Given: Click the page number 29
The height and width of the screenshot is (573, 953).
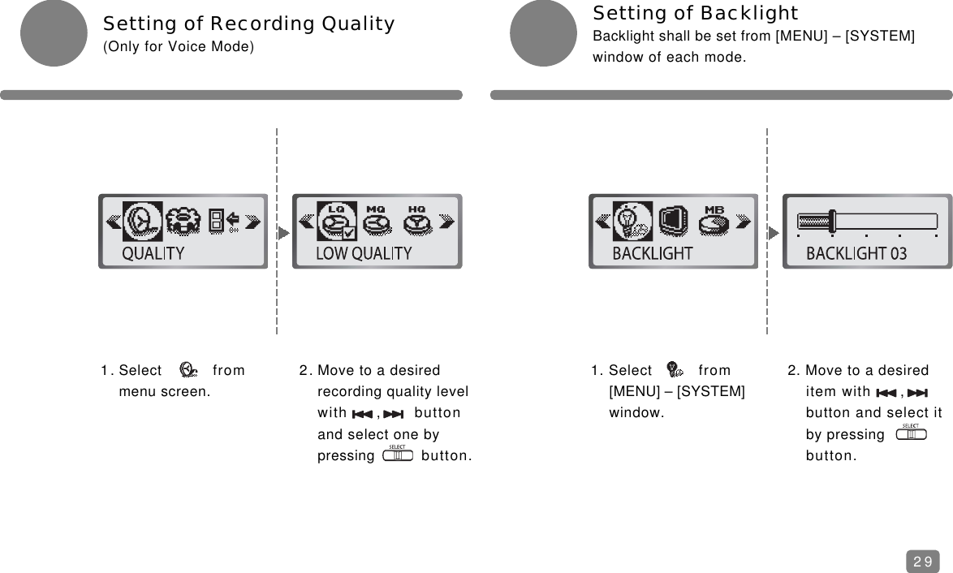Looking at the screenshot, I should [x=922, y=561].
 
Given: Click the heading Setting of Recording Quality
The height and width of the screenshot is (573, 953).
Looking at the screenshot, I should [x=248, y=24].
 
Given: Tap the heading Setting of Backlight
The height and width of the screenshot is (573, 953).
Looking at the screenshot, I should [x=696, y=13].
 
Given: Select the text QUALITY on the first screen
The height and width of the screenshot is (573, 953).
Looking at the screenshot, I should [x=153, y=253].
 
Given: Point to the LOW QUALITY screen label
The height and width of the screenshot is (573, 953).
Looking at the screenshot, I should [x=364, y=253].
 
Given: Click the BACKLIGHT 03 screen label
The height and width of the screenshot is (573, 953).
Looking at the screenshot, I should [x=856, y=253].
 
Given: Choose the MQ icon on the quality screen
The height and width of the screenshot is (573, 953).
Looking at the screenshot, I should [x=376, y=220].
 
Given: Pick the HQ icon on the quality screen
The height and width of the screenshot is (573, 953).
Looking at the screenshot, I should [x=416, y=220].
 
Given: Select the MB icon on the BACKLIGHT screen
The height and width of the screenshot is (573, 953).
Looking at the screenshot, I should [x=714, y=220].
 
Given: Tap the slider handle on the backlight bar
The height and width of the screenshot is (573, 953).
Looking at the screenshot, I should [x=831, y=221].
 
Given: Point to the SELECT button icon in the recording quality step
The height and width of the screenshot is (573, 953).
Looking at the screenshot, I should [x=398, y=455].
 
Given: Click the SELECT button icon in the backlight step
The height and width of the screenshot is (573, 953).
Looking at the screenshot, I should [x=911, y=433].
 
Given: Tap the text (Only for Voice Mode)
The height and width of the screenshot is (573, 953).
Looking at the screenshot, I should [x=178, y=47].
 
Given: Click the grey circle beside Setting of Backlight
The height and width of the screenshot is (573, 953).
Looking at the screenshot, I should [x=542, y=33].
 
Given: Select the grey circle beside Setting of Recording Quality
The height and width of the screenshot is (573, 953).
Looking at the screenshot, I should [x=53, y=33].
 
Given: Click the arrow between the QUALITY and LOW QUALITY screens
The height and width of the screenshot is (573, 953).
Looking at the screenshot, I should [x=282, y=232].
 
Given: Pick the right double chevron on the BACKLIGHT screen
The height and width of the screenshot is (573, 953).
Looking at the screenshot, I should [x=743, y=222].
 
